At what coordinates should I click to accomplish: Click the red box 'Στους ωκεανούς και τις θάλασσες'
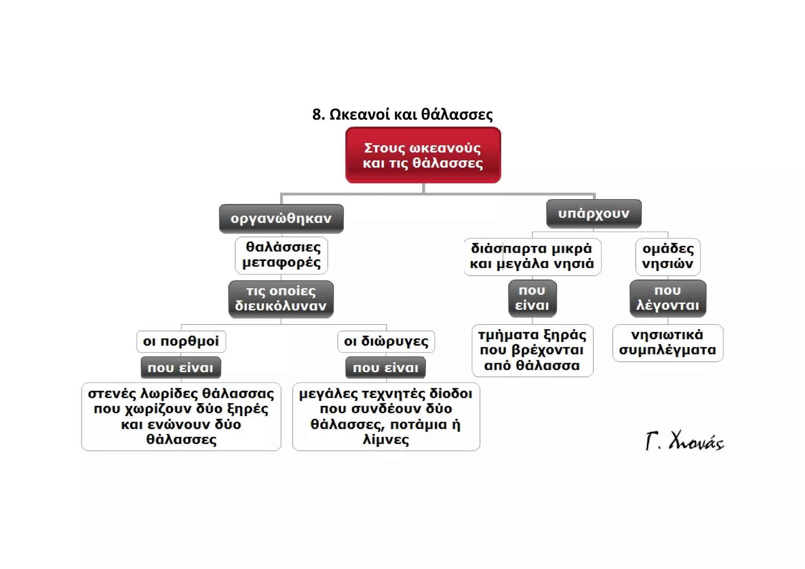pos(423,155)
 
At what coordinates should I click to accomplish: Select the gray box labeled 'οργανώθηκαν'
pos(281,218)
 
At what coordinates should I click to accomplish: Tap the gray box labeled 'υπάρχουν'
pos(594,214)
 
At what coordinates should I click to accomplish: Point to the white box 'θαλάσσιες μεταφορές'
pos(281,255)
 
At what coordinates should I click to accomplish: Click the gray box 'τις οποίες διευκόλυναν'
pos(281,299)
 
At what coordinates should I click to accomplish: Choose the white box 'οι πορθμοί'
pos(181,341)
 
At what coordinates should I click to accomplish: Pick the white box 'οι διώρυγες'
pos(386,341)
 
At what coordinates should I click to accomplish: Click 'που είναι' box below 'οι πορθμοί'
pos(181,368)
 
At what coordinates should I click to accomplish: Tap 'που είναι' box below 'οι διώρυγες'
pos(386,368)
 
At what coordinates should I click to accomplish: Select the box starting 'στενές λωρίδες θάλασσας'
pos(181,417)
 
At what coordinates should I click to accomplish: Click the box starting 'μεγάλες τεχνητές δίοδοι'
pos(386,417)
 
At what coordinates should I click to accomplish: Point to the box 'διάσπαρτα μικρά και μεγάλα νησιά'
pos(532,257)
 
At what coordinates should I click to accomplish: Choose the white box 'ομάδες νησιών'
pos(668,257)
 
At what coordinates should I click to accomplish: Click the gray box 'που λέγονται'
pos(668,298)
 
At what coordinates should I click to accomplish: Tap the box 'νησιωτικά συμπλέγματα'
pos(668,343)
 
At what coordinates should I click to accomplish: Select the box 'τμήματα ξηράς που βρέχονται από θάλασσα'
pos(533,351)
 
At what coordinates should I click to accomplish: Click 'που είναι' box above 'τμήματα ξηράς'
pos(532,298)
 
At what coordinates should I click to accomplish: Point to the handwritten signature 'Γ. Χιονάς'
pos(684,441)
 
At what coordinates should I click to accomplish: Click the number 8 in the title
pos(317,115)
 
